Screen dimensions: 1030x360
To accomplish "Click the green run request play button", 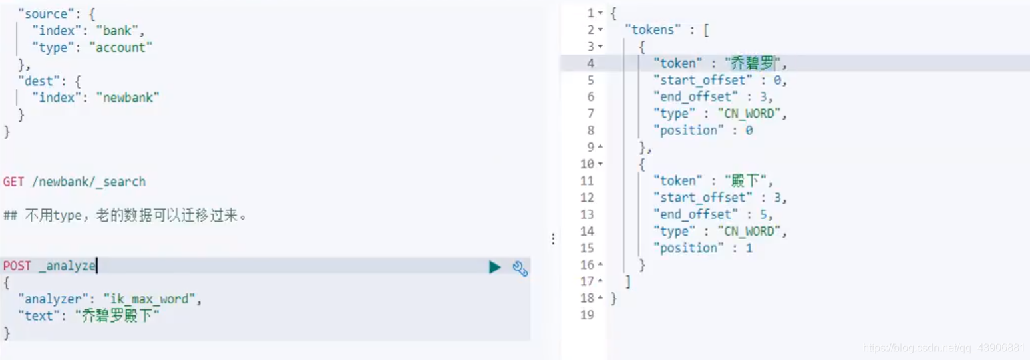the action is point(494,268).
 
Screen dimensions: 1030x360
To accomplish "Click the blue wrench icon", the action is point(520,268).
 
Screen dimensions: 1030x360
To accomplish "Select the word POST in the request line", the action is point(17,266).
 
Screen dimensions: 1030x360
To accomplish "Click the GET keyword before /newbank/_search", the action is point(13,182).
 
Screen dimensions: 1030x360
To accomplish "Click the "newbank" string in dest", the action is point(128,98).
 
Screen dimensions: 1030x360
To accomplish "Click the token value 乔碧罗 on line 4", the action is point(753,63).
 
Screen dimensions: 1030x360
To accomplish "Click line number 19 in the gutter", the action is point(588,315).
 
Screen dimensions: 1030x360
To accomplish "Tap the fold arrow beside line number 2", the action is point(600,30).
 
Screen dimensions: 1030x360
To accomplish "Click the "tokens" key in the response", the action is point(657,30).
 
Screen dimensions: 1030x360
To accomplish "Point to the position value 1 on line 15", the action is point(749,248).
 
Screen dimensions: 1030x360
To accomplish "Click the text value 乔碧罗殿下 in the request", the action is point(118,316).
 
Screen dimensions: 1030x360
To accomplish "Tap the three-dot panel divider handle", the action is point(553,239).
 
